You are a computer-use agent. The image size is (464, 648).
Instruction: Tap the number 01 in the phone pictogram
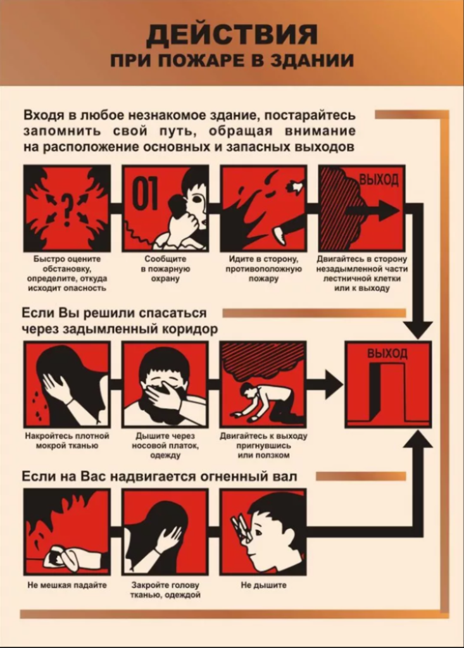tap(145, 194)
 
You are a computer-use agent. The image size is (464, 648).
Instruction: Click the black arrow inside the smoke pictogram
tap(372, 209)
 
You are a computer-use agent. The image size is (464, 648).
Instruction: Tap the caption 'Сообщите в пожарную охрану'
tap(165, 268)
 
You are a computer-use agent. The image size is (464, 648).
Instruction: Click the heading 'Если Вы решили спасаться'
tap(113, 313)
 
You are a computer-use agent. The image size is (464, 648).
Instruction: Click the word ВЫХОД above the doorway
tap(387, 353)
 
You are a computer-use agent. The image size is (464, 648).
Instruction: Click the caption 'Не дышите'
tap(263, 585)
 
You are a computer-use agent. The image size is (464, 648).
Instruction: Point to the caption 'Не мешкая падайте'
tap(67, 585)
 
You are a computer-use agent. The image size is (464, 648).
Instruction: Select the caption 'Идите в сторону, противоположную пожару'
tap(263, 268)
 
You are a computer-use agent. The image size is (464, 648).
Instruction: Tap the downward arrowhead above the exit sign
tap(418, 330)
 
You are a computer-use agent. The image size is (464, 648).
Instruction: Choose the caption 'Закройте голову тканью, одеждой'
tap(165, 590)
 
